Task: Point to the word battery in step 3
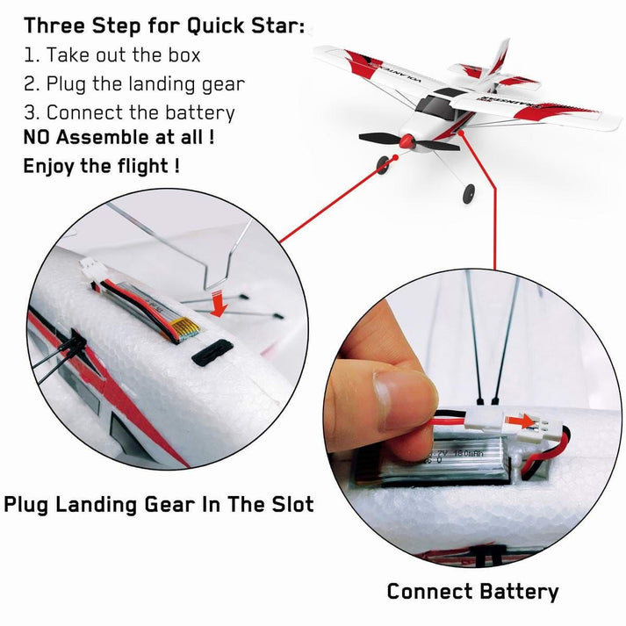(x=199, y=113)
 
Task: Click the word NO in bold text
(x=38, y=138)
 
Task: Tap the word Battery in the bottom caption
(x=518, y=592)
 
